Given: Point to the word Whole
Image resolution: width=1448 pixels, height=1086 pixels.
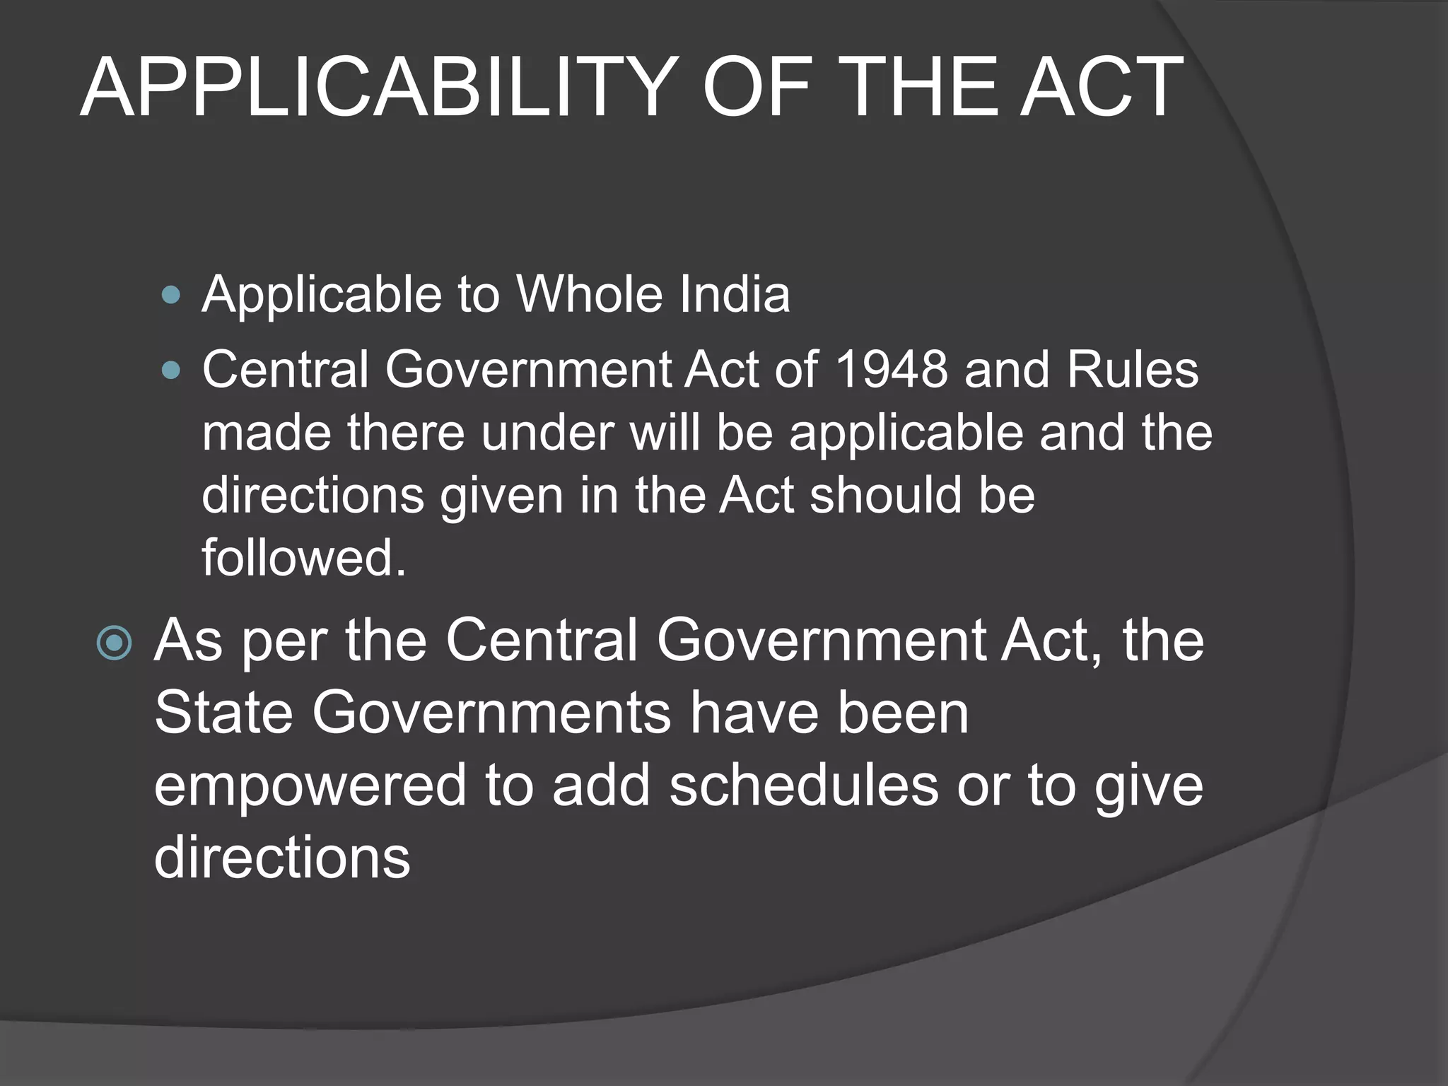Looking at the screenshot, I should point(590,294).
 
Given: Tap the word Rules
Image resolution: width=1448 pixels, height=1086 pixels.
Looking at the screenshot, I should point(1133,369).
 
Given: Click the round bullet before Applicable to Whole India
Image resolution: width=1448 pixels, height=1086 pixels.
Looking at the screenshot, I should point(171,295).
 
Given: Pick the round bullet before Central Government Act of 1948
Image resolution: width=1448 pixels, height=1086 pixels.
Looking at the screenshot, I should point(171,370).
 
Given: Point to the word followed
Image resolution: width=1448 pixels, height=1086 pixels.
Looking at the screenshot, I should point(304,557).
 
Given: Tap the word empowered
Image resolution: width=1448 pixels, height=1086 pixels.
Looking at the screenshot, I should point(310,786).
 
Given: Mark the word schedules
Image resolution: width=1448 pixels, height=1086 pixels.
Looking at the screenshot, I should point(804,786).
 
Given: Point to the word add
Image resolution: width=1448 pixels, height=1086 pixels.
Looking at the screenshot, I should point(601,786).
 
